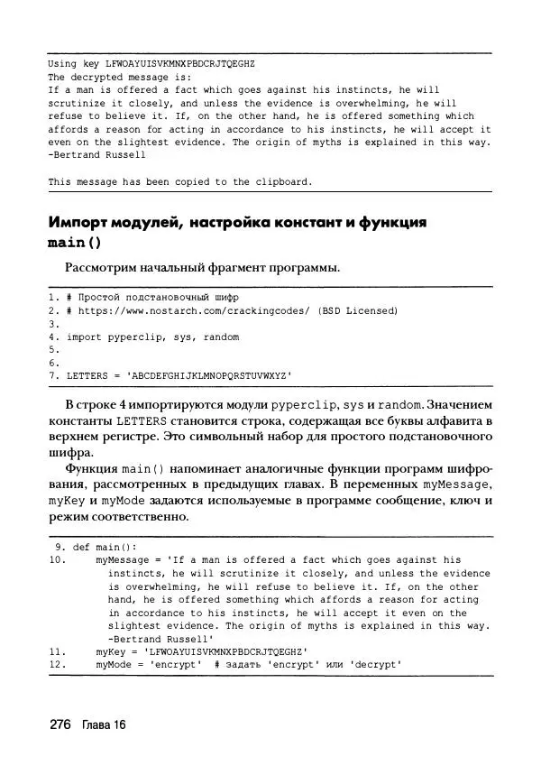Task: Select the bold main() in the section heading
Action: pyautogui.click(x=75, y=243)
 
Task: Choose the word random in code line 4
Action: pyautogui.click(x=220, y=337)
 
